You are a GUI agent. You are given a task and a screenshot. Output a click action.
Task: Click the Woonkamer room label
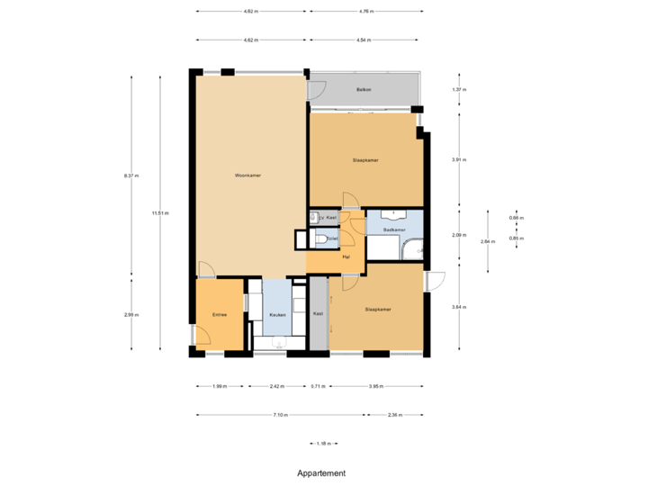point(247,175)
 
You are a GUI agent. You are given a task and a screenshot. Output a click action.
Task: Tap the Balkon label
point(364,90)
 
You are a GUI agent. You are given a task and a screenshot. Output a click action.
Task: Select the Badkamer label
point(394,230)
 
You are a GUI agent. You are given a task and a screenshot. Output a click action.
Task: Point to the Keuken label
point(277,314)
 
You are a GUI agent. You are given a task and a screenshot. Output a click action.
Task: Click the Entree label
point(219,314)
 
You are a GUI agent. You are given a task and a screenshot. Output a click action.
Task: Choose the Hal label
point(346,256)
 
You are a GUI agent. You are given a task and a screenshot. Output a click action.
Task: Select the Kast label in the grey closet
point(318,313)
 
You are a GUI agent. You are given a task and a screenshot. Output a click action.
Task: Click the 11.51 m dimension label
point(160,213)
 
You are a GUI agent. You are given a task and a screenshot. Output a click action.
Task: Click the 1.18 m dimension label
point(324,443)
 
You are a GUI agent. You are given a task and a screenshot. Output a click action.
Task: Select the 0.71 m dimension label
point(318,386)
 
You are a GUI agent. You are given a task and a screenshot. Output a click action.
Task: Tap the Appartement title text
point(322,472)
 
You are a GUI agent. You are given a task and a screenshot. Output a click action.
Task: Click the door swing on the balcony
point(316,90)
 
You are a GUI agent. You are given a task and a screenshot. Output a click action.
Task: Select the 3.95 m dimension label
point(375,386)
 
